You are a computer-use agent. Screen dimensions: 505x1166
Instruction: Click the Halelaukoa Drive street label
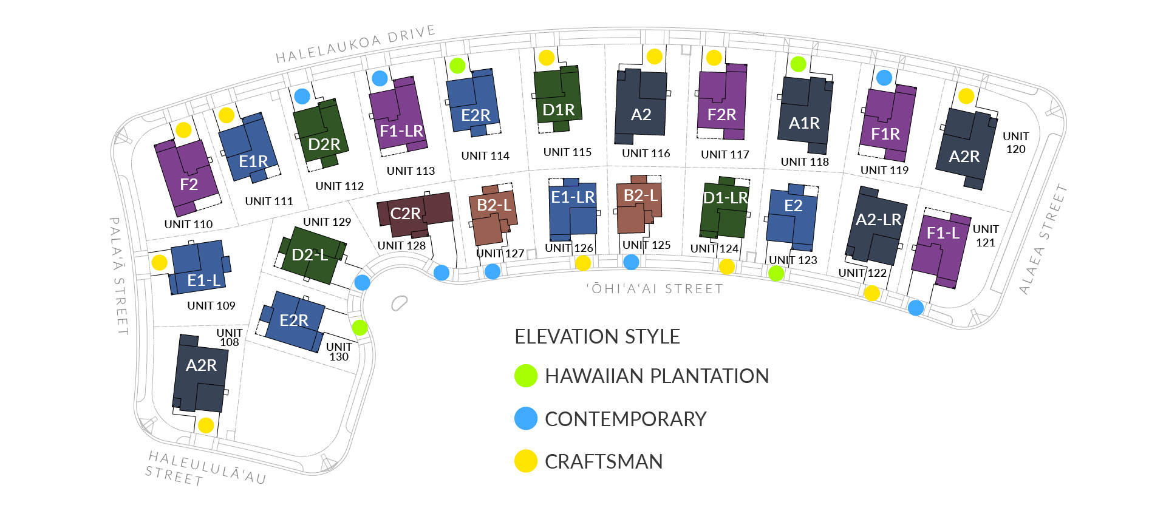355,44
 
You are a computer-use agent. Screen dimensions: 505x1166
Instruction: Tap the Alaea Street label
1043,239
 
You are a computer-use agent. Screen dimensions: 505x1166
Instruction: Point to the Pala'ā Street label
119,276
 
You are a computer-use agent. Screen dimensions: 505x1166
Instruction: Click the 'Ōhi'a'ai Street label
655,289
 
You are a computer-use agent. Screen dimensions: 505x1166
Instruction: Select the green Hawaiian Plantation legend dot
526,376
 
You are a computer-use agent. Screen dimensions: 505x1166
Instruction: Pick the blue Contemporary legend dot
526,419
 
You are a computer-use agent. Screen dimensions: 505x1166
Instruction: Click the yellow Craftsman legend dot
526,461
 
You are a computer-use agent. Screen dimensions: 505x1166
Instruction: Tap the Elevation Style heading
597,337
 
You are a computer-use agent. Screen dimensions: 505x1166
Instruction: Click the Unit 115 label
567,152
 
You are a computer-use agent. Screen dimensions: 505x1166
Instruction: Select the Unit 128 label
401,246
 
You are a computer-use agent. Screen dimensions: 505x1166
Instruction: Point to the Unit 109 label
211,306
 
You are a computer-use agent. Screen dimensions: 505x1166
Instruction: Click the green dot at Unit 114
457,66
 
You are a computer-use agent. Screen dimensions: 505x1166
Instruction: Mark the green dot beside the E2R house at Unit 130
360,328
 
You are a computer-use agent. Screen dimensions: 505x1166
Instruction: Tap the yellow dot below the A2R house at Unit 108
206,425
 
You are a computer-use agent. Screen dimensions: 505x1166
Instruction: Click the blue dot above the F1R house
884,78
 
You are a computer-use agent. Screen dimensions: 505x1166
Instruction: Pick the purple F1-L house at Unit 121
940,249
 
